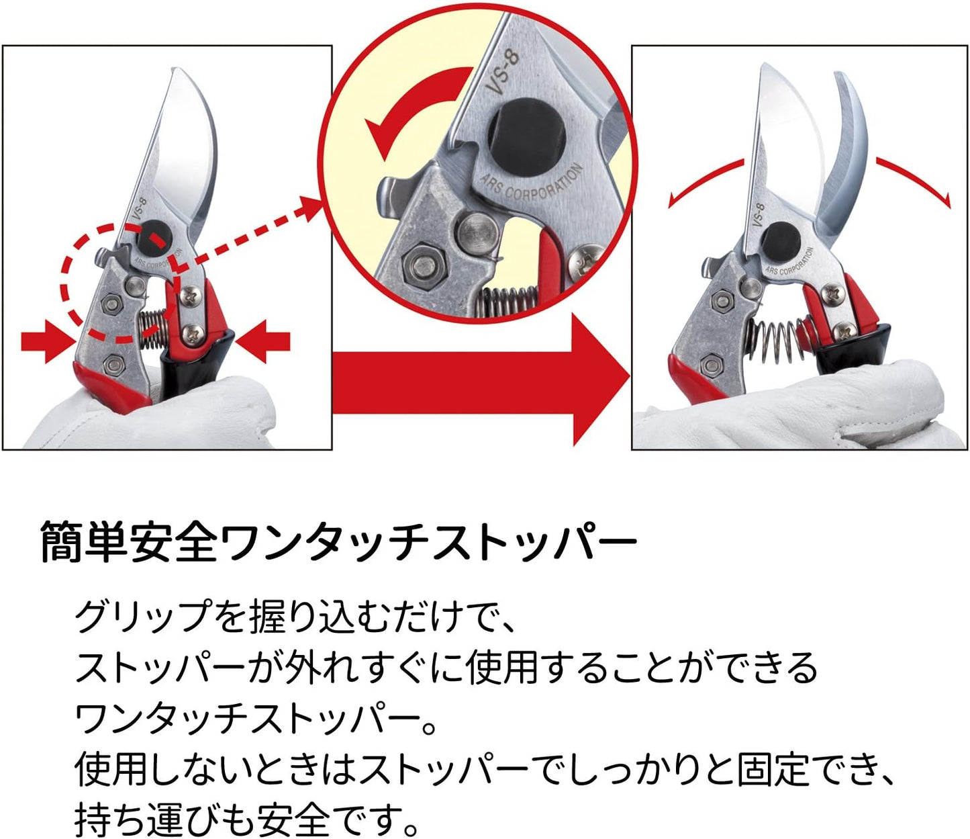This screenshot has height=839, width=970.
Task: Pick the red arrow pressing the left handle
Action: (x=47, y=343)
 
